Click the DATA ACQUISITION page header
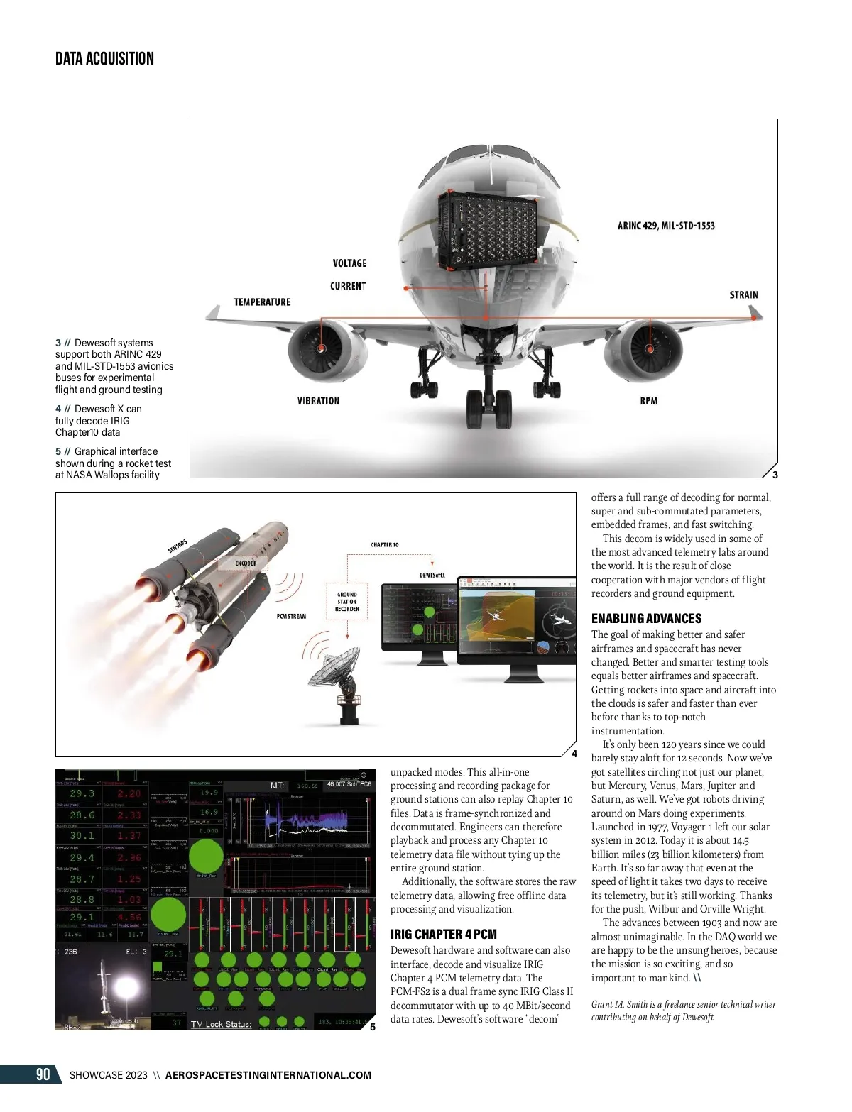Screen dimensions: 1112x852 point(104,58)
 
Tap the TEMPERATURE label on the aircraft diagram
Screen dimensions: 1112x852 point(262,302)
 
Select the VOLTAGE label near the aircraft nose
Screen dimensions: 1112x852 point(349,263)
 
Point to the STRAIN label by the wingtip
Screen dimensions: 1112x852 point(743,295)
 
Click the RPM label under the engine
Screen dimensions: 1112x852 point(648,401)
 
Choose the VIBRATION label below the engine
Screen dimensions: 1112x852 point(318,401)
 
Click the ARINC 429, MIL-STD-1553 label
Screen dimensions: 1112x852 point(666,226)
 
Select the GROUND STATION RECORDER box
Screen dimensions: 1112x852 point(347,602)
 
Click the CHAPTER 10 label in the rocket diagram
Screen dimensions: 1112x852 point(385,545)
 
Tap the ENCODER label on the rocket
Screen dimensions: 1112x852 point(246,563)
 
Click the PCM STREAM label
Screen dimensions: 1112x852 point(291,616)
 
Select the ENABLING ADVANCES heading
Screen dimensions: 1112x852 point(646,618)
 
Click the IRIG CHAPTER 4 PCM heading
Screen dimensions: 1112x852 point(443,934)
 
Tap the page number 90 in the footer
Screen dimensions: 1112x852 point(43,1074)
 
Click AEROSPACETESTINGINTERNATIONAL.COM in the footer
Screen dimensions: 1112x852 point(268,1075)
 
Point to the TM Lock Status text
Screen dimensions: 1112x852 point(221,1024)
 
